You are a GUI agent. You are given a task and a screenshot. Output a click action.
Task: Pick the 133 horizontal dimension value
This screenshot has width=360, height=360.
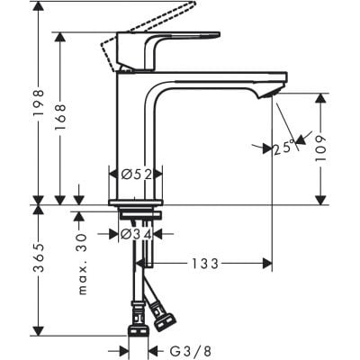pos(207,263)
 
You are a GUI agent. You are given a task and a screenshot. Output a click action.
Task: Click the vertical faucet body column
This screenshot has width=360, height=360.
pos(135,135)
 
